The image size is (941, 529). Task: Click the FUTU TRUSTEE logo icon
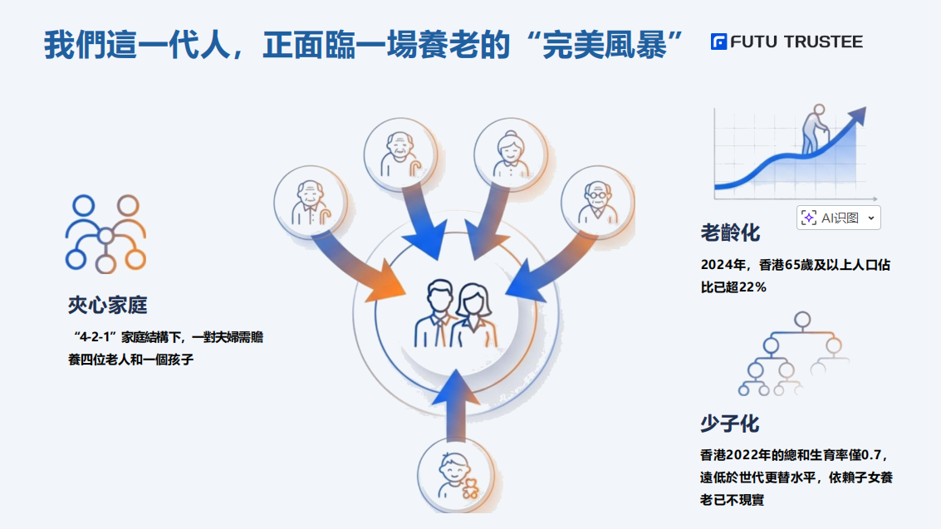[x=718, y=42]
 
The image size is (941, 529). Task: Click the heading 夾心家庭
[x=107, y=305]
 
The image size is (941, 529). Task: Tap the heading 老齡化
[x=729, y=233]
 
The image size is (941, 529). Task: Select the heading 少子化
[x=729, y=424]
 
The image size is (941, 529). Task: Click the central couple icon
[x=456, y=316]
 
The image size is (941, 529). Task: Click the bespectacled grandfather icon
[x=597, y=203]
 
